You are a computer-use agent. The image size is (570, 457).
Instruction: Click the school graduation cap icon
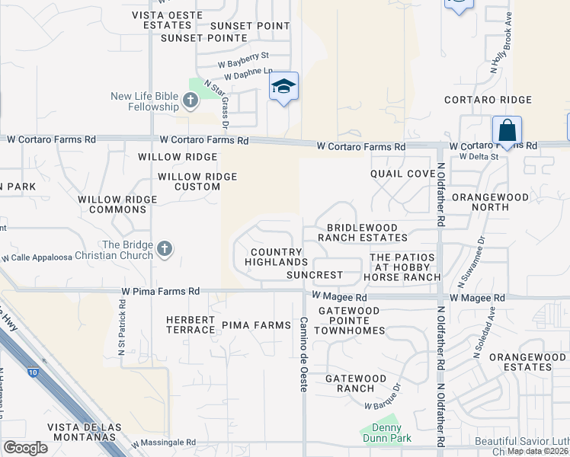coord(283,87)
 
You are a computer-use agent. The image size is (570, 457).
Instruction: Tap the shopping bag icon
coord(507,130)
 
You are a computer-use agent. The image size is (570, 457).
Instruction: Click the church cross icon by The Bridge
coord(164,248)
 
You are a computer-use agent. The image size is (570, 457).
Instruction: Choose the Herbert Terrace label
coord(191,324)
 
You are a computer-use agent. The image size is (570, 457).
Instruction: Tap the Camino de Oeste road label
coord(303,354)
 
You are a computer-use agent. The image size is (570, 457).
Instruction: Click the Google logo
coord(25,448)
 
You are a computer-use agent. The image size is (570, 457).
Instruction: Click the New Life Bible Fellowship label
coord(145,101)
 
